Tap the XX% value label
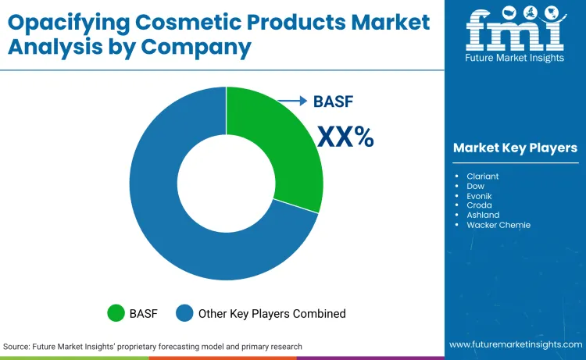(345, 137)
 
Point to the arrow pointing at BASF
(293, 101)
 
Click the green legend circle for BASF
(116, 313)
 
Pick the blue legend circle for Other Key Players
(185, 313)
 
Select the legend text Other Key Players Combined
(272, 313)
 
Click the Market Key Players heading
(515, 148)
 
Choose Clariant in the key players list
(482, 176)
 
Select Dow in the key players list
(475, 186)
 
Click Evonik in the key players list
(478, 196)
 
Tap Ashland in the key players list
(482, 215)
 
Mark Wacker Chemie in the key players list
(498, 225)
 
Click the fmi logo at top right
(515, 31)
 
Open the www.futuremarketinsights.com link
(515, 344)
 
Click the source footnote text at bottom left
(152, 346)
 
